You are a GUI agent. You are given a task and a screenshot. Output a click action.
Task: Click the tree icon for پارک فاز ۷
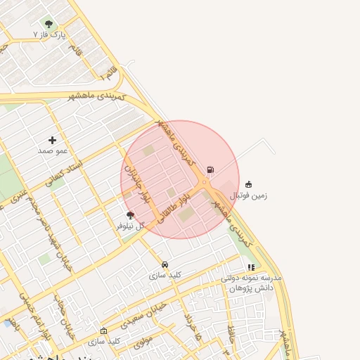coord(49,24)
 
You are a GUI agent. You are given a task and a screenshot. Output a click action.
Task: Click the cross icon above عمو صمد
coord(52,140)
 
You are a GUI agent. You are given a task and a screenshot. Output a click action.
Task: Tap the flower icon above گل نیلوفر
coord(130,215)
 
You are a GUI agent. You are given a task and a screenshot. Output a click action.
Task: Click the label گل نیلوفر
coord(130,226)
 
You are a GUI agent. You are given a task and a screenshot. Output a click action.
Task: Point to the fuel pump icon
coord(210,169)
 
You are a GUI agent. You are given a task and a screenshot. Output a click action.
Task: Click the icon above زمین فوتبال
coord(249,184)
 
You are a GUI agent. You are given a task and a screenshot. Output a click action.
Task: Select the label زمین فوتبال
coord(249,195)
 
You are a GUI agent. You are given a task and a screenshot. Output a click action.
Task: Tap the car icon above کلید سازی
coord(165,265)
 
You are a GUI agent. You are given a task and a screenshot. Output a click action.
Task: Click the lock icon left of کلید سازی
coord(104,330)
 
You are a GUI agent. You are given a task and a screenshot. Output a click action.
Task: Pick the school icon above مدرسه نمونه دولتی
coord(251,267)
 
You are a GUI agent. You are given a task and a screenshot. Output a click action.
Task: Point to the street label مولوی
coord(143,342)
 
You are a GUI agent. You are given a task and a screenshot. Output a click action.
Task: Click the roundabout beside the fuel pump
coord(204,183)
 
